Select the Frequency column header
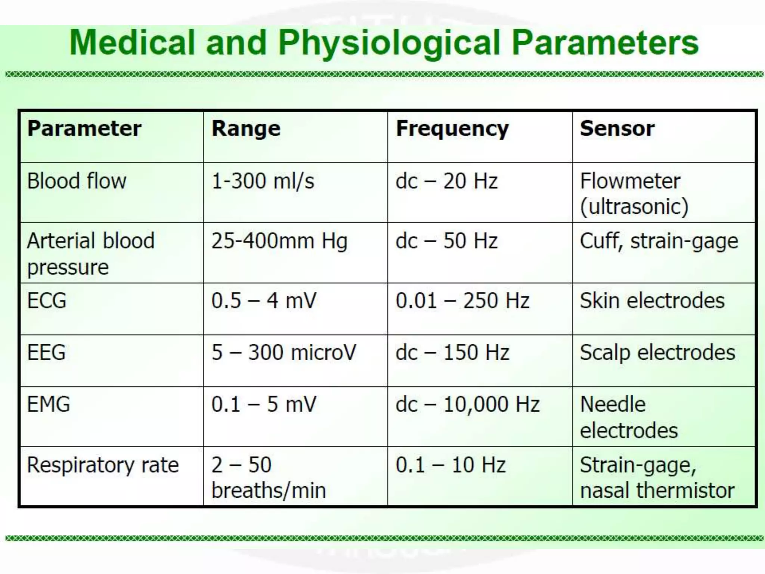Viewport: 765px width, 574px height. (x=452, y=129)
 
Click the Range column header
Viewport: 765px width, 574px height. (x=246, y=129)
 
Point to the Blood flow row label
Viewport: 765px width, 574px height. (x=77, y=181)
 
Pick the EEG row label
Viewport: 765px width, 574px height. (x=46, y=352)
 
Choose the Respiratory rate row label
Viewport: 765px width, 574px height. (x=103, y=465)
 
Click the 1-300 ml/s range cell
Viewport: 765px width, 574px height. (x=263, y=181)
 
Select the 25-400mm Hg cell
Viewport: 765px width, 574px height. (x=279, y=241)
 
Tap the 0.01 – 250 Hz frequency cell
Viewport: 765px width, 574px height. (x=462, y=301)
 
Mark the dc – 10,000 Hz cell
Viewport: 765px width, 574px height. (x=468, y=404)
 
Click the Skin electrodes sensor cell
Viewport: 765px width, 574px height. (x=652, y=301)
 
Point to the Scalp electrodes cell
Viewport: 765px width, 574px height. (x=657, y=352)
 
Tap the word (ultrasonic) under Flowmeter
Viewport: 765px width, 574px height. (x=634, y=207)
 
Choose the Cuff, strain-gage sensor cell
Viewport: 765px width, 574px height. (x=659, y=241)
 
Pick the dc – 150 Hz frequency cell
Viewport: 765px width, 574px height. (x=452, y=352)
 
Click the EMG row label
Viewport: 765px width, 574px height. (x=49, y=404)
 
